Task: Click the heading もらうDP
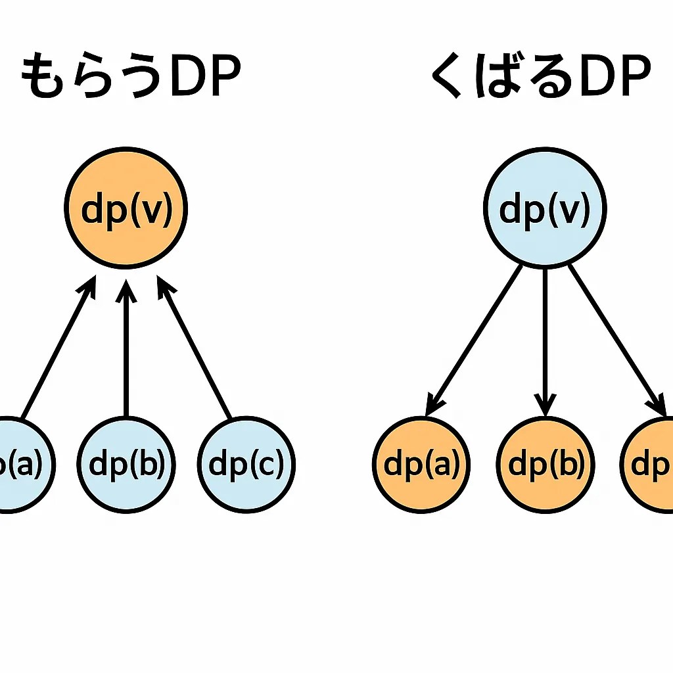click(131, 78)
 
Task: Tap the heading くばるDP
click(540, 78)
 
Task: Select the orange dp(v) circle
click(126, 208)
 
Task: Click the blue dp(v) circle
click(545, 208)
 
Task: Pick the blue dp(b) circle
click(127, 465)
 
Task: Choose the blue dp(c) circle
click(246, 465)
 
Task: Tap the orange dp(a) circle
click(421, 465)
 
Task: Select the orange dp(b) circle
click(545, 465)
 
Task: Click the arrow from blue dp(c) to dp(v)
click(196, 348)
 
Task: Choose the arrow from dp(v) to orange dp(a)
click(475, 338)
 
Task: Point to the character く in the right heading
click(446, 78)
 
